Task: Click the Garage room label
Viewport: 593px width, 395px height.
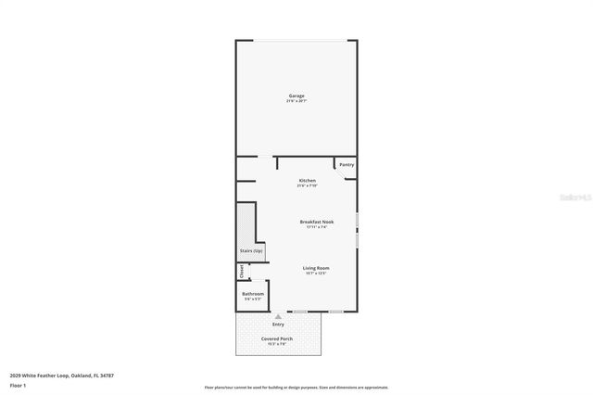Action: click(296, 96)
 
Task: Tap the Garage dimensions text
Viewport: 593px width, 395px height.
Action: click(296, 101)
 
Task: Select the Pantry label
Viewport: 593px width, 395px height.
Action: click(347, 165)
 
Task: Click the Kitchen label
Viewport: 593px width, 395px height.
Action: click(307, 180)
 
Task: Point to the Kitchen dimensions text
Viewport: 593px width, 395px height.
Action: click(307, 185)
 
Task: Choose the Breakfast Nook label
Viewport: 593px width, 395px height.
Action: click(317, 222)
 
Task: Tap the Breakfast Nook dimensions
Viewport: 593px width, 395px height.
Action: click(317, 227)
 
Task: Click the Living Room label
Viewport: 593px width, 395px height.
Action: click(316, 268)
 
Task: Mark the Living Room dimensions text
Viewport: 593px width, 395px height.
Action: click(316, 274)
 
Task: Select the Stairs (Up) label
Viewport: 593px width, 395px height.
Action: click(251, 251)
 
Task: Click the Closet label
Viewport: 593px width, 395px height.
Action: click(242, 271)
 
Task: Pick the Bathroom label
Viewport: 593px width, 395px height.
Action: click(253, 294)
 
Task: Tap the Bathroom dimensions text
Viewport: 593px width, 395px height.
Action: click(253, 299)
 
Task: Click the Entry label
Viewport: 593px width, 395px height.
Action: click(278, 325)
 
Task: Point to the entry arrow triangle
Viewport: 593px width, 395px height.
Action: click(278, 316)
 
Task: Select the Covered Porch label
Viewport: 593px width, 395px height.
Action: click(278, 339)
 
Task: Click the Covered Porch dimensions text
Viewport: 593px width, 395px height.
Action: click(278, 345)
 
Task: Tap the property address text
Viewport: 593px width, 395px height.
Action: click(61, 375)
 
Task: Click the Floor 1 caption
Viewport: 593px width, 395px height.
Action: click(18, 384)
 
